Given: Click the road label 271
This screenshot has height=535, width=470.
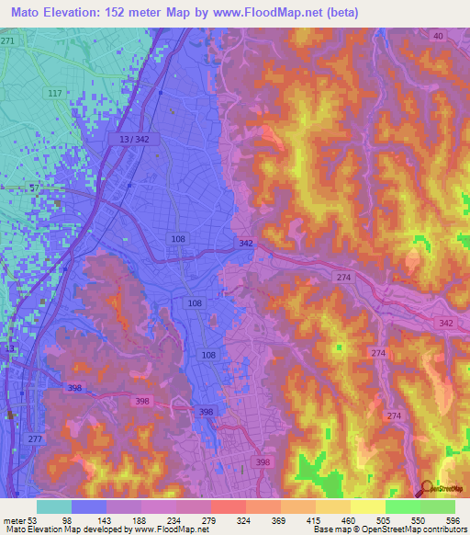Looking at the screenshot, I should [8, 42].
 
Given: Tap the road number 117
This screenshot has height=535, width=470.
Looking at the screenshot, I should [54, 94].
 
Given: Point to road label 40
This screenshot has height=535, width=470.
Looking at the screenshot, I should [438, 36].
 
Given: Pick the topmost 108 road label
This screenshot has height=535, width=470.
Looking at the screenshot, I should [178, 239].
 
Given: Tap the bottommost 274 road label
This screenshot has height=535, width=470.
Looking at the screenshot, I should [394, 417].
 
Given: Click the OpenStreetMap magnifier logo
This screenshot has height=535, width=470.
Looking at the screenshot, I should [427, 488].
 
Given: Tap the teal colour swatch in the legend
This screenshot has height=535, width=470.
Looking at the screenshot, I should [54, 507].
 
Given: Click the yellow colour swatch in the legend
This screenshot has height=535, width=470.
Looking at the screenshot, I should [368, 507].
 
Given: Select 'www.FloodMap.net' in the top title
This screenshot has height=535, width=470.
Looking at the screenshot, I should [263, 13].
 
